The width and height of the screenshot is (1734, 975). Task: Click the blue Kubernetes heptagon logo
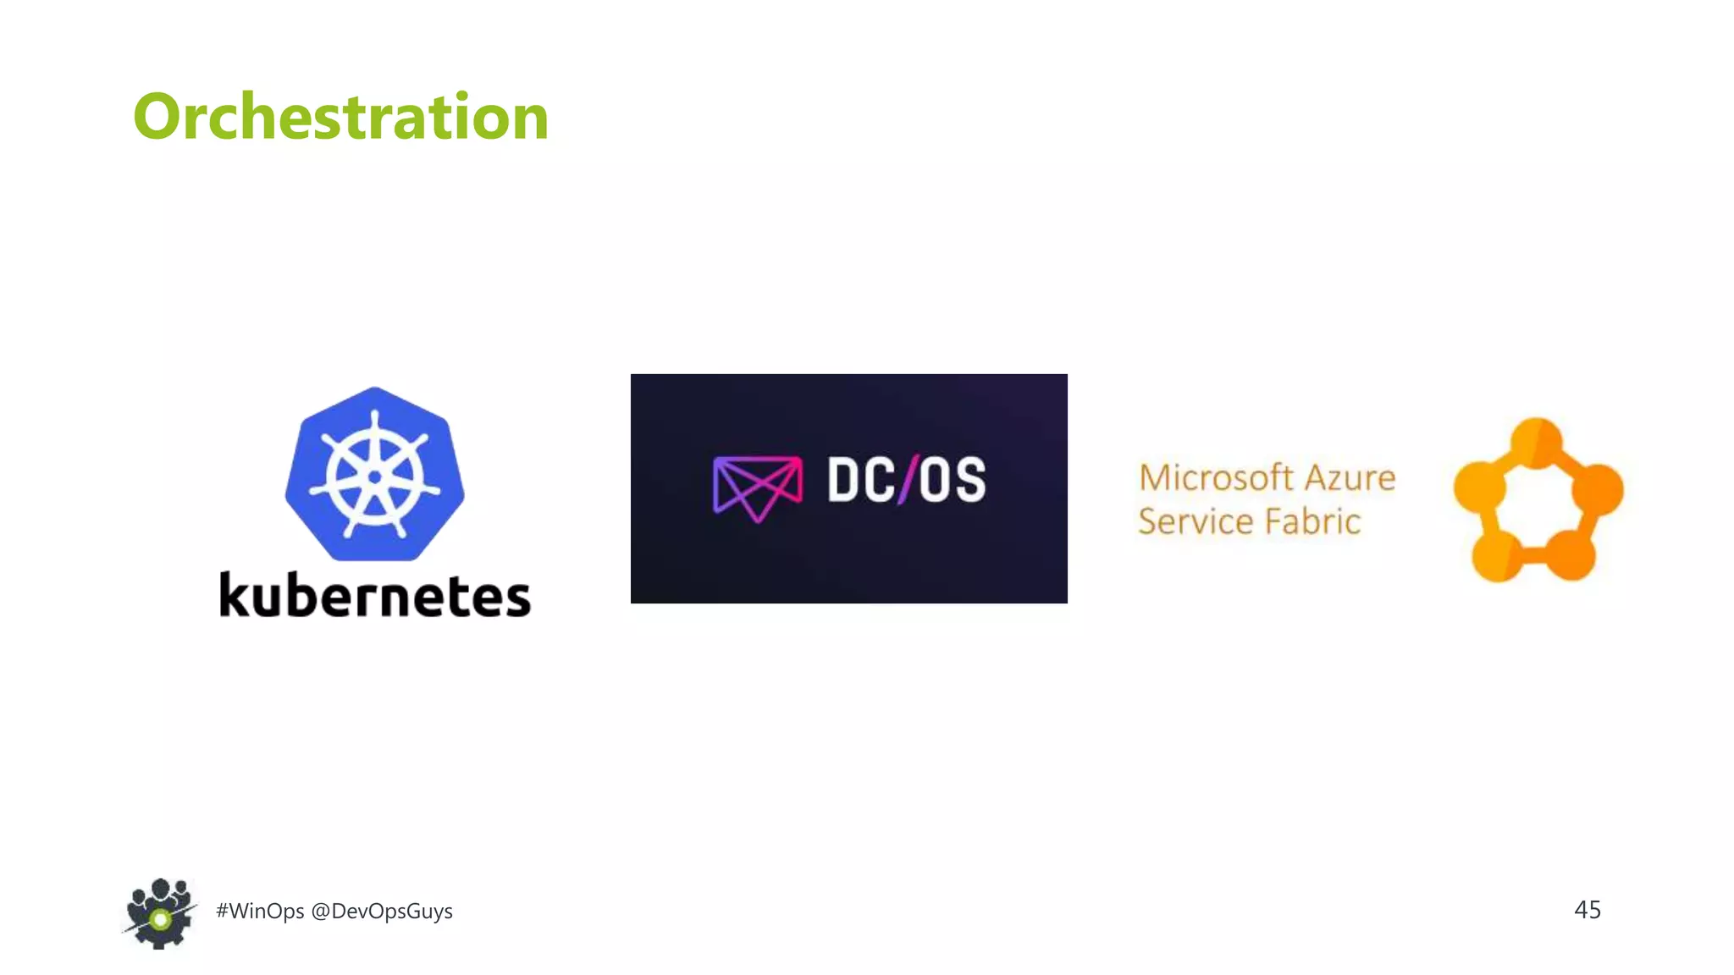point(374,474)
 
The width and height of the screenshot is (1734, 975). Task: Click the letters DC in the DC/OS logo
point(861,480)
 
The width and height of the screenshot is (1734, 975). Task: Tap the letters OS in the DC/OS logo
point(953,480)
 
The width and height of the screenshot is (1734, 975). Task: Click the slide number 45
point(1587,910)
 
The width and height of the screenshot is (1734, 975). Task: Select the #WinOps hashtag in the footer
point(260,911)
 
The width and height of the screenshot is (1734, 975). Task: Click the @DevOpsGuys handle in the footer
point(382,911)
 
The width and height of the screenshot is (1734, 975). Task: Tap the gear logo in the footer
point(159,914)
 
